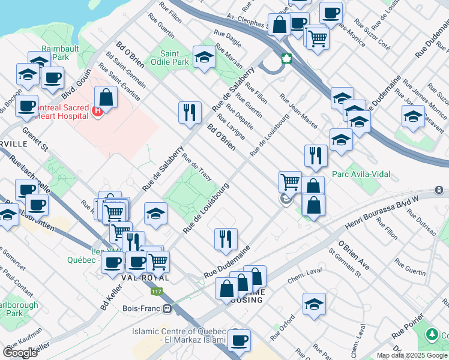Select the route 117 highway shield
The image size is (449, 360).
tap(157, 292)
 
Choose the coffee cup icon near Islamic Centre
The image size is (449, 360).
tap(239, 340)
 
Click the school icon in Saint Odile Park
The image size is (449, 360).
tap(204, 58)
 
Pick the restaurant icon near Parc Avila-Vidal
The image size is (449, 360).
tap(316, 156)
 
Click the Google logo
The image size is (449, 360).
tap(20, 353)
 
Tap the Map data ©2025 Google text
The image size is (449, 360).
tap(411, 355)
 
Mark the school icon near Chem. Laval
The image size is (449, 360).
tap(314, 304)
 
